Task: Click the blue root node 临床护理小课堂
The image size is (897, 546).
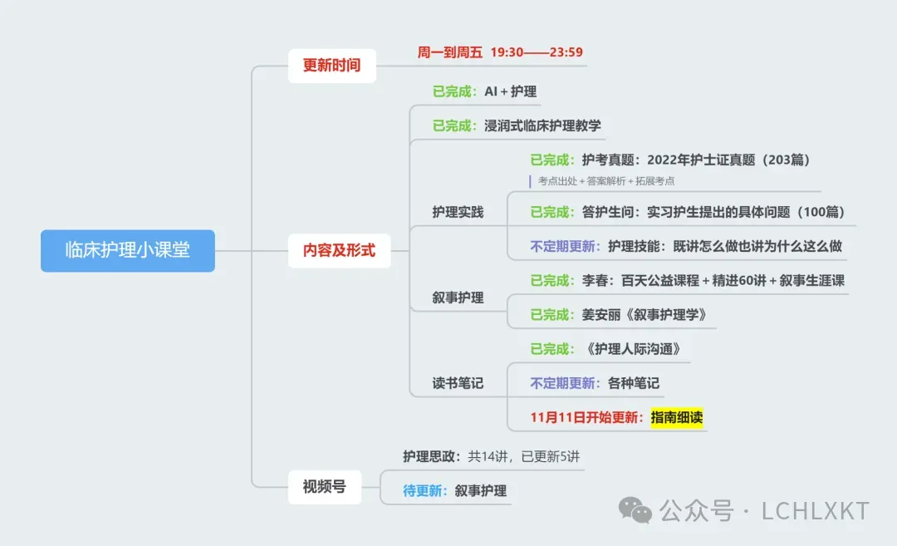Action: [128, 250]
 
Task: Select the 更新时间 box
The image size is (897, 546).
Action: [331, 65]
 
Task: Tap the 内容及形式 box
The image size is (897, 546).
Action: [339, 250]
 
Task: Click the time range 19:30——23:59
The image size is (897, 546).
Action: [537, 52]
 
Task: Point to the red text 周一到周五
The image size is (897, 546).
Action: [449, 52]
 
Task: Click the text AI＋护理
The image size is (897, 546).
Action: [511, 91]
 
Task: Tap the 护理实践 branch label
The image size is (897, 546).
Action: [458, 212]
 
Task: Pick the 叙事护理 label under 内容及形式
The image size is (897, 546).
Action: [458, 297]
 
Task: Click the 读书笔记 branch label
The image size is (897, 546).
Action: [458, 383]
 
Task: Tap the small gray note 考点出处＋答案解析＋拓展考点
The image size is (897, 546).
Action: [605, 180]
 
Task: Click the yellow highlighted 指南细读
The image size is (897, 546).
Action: [677, 417]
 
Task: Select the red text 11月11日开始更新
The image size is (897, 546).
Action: [586, 417]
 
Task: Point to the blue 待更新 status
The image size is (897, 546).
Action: [425, 490]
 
